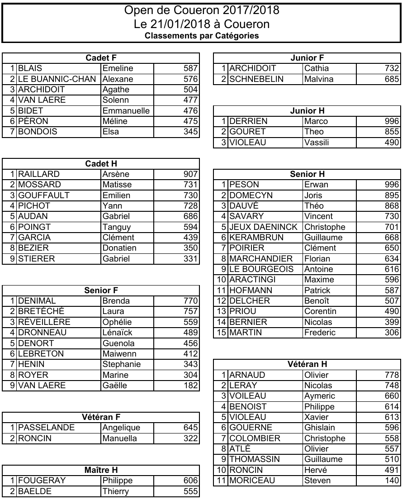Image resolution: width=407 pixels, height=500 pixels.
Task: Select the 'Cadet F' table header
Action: pos(101,58)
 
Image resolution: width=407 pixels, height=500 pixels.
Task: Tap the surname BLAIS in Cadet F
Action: pos(30,68)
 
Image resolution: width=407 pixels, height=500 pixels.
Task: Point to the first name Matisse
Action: pos(117,185)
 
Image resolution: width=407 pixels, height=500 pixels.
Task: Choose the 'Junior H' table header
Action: pos(307,110)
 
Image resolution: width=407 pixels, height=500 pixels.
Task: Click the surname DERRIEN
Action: pos(248,121)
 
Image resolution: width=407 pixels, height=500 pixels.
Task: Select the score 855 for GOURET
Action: pos(392,132)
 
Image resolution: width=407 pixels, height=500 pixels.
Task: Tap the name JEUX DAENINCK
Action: pos(264,227)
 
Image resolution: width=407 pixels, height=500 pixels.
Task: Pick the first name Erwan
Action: pos(317,185)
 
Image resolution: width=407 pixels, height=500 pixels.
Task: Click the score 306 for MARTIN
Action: pos(392,333)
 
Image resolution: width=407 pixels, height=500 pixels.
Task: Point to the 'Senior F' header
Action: pos(101,290)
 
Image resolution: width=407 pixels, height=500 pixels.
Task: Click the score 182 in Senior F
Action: pos(190,386)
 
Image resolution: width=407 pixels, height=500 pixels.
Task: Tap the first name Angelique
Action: pos(121,428)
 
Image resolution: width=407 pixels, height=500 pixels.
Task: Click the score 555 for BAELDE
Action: pos(190,491)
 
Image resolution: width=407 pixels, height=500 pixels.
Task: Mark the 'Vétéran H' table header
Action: pos(307,364)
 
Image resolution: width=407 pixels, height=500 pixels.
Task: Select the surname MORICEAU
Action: pos(252,481)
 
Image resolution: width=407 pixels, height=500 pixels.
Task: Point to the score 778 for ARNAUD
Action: pos(392,375)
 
